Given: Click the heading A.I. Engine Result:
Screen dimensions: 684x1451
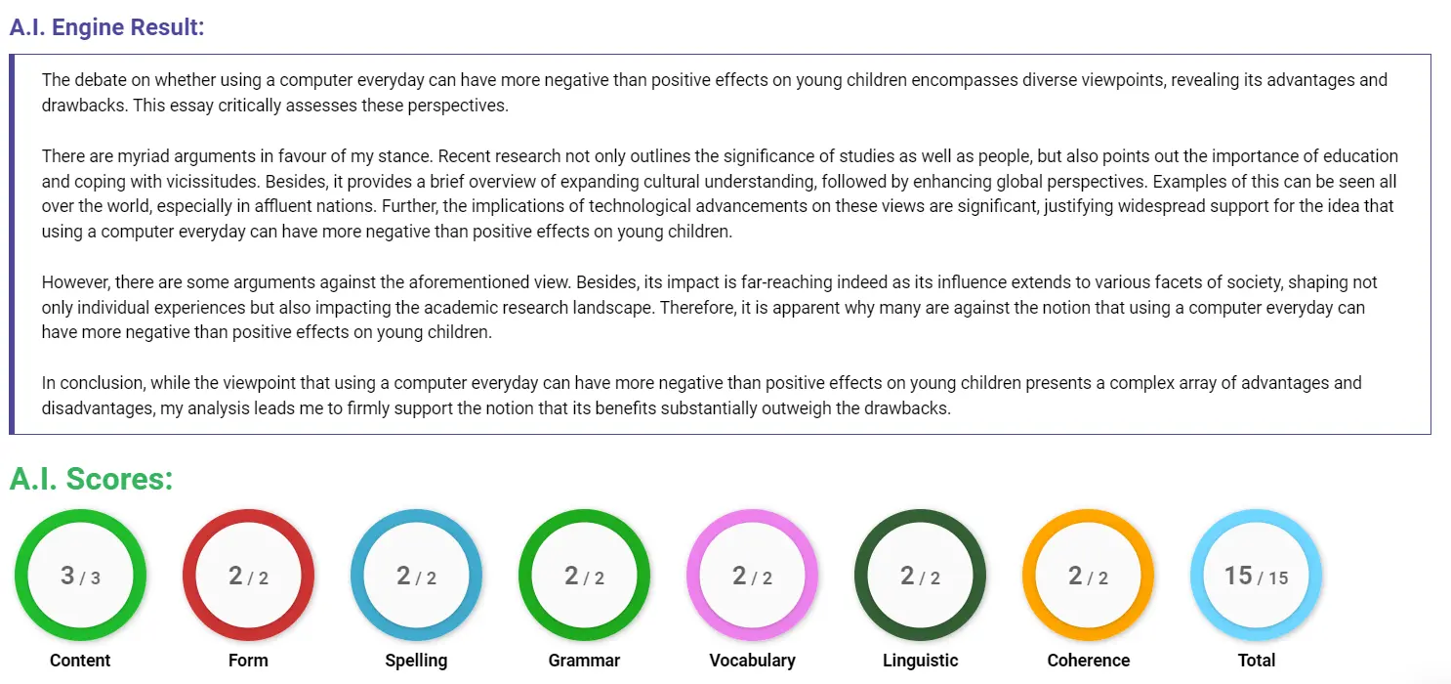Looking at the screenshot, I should (x=107, y=27).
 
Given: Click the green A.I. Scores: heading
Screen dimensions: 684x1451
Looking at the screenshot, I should (x=92, y=479).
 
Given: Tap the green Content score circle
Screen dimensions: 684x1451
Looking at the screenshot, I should (x=80, y=576).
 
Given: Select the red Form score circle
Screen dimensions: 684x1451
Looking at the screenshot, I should (x=248, y=576).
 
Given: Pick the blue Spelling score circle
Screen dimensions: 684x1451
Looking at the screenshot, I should (x=416, y=576).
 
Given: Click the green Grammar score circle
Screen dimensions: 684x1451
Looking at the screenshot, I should (x=584, y=576).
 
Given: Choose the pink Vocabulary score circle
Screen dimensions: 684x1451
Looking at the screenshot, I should (x=752, y=576).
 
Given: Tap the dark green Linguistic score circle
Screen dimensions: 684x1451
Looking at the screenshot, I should (x=920, y=576).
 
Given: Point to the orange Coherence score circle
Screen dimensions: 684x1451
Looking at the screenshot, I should (x=1088, y=576).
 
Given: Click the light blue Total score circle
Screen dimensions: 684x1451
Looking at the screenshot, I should (x=1256, y=576).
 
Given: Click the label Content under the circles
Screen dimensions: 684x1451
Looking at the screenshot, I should (x=80, y=661).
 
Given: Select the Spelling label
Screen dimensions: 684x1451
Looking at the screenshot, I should (x=416, y=661).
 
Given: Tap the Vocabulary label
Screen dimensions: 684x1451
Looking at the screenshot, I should (x=752, y=661).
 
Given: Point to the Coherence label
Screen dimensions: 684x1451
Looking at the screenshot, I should (x=1088, y=661).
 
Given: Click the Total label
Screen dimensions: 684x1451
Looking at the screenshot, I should (x=1256, y=661).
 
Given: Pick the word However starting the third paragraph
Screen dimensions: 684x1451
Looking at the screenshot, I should (x=74, y=282).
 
